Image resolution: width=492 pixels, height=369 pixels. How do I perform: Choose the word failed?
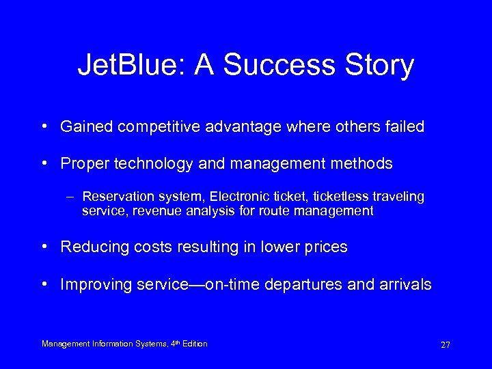pyautogui.click(x=405, y=126)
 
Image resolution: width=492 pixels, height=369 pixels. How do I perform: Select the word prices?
pyautogui.click(x=327, y=247)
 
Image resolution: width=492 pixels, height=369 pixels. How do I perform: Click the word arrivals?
pyautogui.click(x=404, y=284)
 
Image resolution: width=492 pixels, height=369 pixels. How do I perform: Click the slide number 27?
pyautogui.click(x=445, y=345)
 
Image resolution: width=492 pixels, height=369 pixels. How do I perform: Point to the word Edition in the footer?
pyautogui.click(x=192, y=344)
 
